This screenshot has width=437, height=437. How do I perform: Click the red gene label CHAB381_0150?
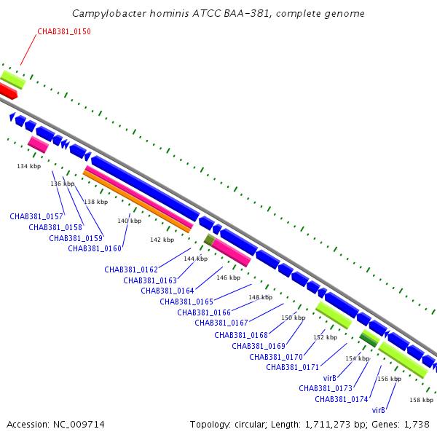pos(64,32)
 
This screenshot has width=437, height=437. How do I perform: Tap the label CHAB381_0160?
pos(95,248)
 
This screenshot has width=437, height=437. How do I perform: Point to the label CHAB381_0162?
pos(131,269)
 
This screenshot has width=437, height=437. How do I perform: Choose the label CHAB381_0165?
pos(186,302)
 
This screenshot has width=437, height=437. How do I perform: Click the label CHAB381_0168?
pos(241,335)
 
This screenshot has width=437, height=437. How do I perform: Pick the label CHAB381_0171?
pos(293,367)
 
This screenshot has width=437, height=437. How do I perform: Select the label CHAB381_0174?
pos(342,399)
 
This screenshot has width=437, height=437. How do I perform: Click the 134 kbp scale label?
pos(27,167)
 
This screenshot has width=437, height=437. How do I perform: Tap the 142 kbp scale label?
pos(162,240)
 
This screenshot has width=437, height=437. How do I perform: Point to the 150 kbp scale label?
pos(293,318)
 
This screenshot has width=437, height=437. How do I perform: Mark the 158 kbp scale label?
pos(421,400)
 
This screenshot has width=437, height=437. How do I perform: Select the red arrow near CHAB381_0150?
pos(7,91)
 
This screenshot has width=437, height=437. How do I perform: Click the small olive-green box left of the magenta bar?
pos(208,240)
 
